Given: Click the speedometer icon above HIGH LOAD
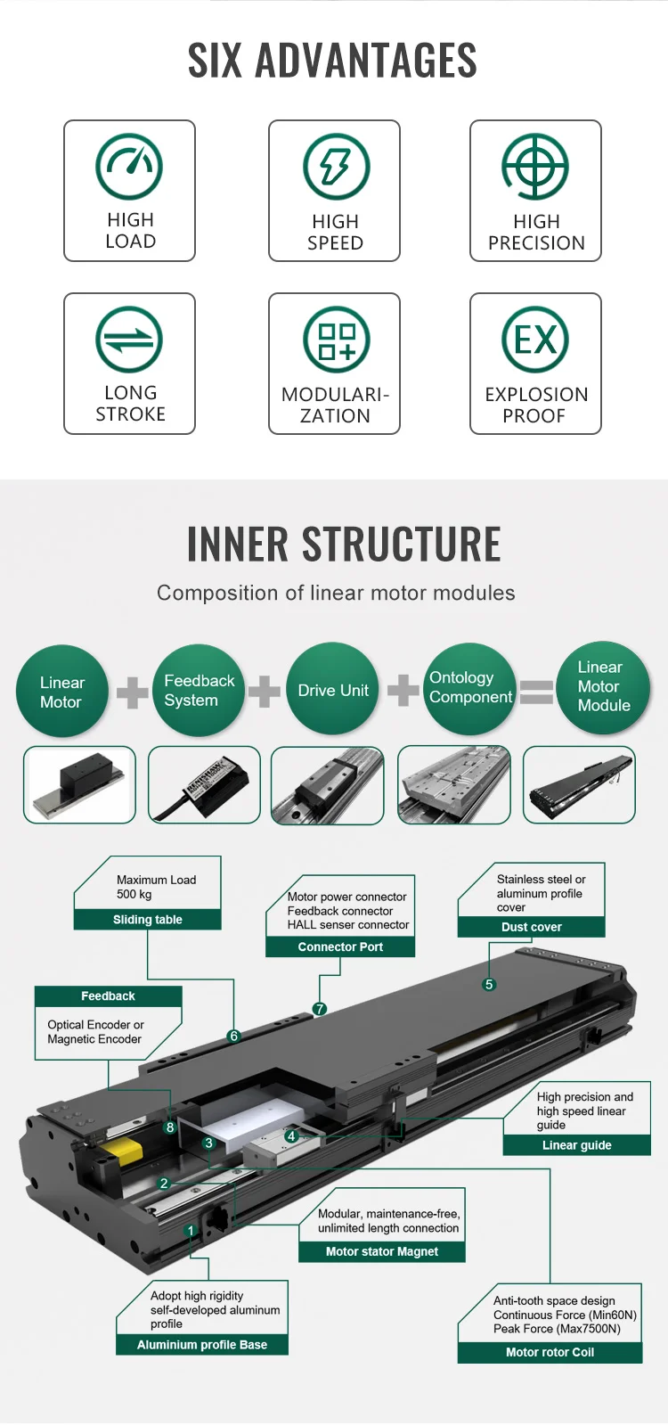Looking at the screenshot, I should [129, 167].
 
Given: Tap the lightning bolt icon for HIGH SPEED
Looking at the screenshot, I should [336, 167].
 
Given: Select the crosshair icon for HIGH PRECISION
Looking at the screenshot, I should [535, 167].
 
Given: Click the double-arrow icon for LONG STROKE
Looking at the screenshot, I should [129, 340].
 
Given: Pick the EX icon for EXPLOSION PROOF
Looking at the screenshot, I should [535, 340].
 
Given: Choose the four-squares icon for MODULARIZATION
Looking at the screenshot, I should [336, 340].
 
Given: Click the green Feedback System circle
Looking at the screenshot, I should [199, 691].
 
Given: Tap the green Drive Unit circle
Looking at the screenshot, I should [332, 691].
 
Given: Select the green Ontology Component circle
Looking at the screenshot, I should [469, 689].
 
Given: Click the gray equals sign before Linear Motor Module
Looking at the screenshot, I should [536, 692].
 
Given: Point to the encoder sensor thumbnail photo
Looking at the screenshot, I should [204, 785].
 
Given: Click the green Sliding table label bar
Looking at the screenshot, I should [147, 920].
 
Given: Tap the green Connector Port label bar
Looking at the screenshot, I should [340, 947].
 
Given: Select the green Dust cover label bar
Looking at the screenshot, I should [531, 927].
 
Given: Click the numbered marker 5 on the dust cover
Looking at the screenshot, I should [489, 985].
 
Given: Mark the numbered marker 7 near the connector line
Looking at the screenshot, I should [320, 1010].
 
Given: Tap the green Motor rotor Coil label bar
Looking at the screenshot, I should [550, 1352].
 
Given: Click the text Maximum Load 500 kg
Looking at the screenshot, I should [156, 887].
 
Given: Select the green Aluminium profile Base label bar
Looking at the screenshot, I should [202, 1345].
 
